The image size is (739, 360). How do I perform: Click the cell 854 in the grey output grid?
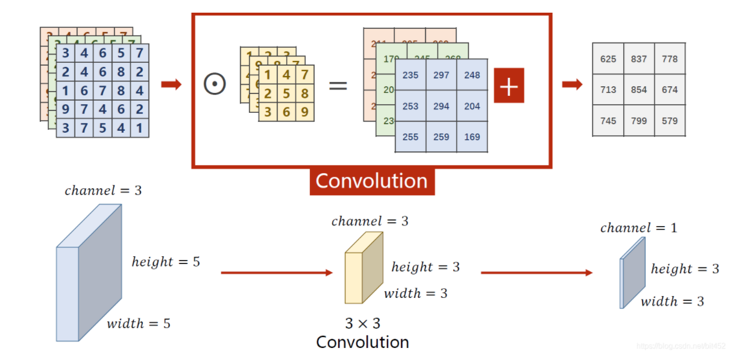639,90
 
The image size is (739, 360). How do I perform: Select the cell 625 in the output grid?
608,59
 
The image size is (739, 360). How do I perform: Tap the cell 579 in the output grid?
670,121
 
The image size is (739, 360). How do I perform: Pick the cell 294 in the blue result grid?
441,106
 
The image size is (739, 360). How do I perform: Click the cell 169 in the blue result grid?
472,137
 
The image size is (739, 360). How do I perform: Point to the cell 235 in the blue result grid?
410,75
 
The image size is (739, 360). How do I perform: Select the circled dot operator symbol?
215,84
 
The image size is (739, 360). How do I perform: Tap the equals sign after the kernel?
338,85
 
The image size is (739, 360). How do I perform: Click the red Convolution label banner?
371,181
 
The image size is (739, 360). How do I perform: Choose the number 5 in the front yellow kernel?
286,94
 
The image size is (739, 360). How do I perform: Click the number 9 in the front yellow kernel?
304,112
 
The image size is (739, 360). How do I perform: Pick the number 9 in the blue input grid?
66,110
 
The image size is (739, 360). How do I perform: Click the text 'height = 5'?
166,262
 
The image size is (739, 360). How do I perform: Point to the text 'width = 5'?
139,324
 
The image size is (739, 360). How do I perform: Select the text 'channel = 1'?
638,228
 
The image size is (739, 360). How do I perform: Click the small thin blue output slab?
632,273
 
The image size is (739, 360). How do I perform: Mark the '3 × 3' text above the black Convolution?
362,323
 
